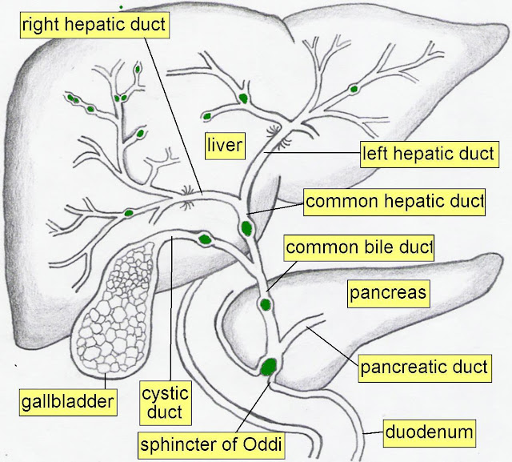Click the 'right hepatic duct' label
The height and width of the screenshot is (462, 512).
(x=94, y=25)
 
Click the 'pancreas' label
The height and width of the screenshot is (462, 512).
(x=389, y=294)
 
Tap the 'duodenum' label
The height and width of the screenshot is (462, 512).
(x=430, y=432)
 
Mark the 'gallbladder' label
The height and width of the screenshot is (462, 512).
(x=69, y=399)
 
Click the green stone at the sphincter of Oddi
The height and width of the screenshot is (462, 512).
(x=269, y=366)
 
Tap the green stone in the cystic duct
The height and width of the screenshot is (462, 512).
(x=205, y=238)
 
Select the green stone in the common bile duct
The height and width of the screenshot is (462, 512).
(x=266, y=304)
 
